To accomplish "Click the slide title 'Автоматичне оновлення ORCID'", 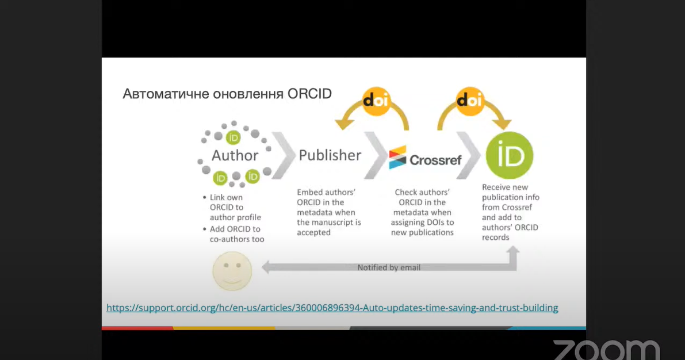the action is pyautogui.click(x=227, y=94).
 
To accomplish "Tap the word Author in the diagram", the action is pyautogui.click(x=235, y=155).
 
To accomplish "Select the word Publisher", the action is pyautogui.click(x=330, y=155).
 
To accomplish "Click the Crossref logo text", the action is pyautogui.click(x=435, y=160).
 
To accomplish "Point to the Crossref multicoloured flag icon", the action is pyautogui.click(x=397, y=157).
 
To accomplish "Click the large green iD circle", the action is pyautogui.click(x=510, y=155).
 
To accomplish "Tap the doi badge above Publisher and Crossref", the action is pyautogui.click(x=376, y=101).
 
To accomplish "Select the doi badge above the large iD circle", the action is pyautogui.click(x=470, y=101).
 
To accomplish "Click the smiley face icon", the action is pyautogui.click(x=232, y=271).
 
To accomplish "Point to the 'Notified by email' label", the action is pyautogui.click(x=389, y=267).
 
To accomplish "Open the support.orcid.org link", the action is pyautogui.click(x=332, y=308).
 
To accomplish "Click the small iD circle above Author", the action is pyautogui.click(x=233, y=137).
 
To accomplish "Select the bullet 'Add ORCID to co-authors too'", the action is pyautogui.click(x=234, y=233).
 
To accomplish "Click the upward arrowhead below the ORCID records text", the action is pyautogui.click(x=513, y=251).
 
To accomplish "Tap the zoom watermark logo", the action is pyautogui.click(x=606, y=350).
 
